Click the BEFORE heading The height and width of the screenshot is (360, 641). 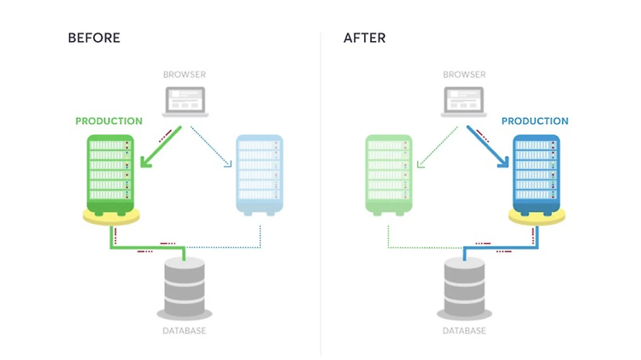[x=94, y=38]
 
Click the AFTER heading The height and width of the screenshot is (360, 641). [x=364, y=38]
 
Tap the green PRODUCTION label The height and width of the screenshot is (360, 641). [x=109, y=121]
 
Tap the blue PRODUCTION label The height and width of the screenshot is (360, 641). [x=535, y=121]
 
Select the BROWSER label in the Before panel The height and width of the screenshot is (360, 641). [x=185, y=74]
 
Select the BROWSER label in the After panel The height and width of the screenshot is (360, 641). [x=464, y=74]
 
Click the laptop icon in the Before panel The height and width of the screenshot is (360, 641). [x=185, y=102]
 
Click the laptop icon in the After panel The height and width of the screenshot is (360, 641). [x=464, y=102]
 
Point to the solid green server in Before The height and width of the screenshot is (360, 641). [x=110, y=175]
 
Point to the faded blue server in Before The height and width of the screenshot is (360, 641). [x=260, y=175]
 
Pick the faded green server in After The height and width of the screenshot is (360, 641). [x=388, y=175]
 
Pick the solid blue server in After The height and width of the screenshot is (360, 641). [x=537, y=175]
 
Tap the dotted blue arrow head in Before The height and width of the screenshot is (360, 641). [x=228, y=164]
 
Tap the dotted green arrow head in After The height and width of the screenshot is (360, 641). [x=420, y=164]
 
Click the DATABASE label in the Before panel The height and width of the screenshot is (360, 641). [x=185, y=331]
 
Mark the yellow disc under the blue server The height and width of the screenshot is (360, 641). [x=537, y=217]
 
